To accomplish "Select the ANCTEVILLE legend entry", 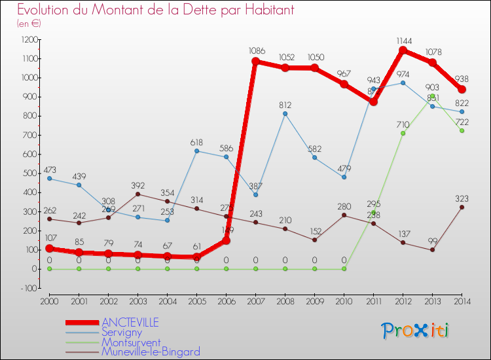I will [x=130, y=323].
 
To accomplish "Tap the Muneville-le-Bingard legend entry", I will [x=151, y=351].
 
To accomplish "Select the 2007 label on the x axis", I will [x=255, y=301].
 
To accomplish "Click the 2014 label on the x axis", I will [x=462, y=301].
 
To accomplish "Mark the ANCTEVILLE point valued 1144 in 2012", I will [x=403, y=50].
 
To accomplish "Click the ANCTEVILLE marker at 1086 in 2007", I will [x=255, y=62].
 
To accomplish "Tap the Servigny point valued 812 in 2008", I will [x=285, y=114].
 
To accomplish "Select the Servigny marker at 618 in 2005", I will [x=196, y=151].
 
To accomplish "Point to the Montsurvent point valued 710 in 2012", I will [x=403, y=134].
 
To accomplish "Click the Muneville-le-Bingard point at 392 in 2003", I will [x=137, y=194].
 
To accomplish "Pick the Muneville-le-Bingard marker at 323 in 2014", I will [x=462, y=207].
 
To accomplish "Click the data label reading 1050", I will [x=315, y=58].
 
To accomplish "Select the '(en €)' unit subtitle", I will [x=29, y=24].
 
